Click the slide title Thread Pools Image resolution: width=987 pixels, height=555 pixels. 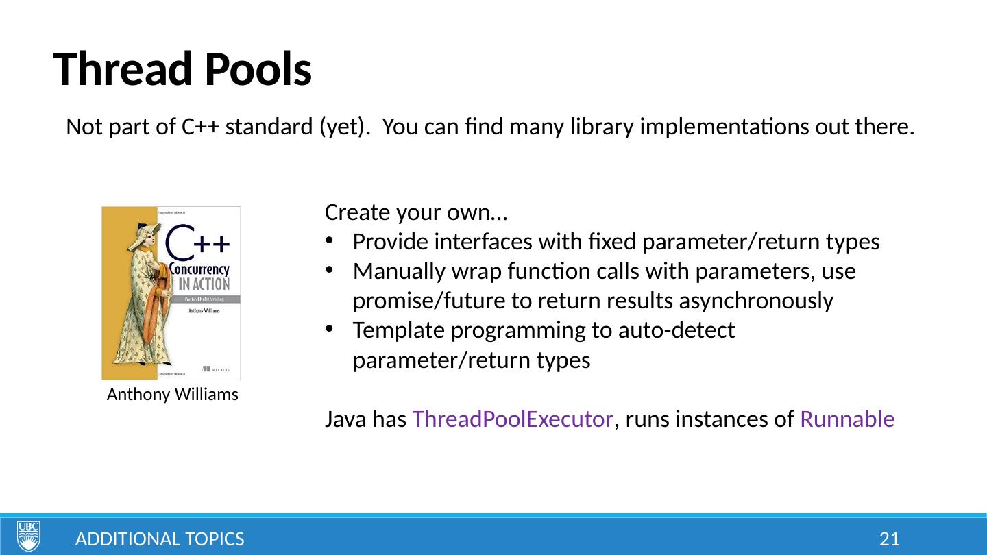(x=182, y=69)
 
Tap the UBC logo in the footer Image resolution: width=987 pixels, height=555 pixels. (x=29, y=536)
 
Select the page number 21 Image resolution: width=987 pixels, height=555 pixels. (x=889, y=539)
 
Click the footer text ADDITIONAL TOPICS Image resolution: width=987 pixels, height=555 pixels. (x=160, y=539)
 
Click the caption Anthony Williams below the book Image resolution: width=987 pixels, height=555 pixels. (x=173, y=395)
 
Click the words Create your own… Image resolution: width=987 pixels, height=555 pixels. (x=416, y=212)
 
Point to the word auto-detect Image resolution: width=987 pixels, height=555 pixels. (x=677, y=331)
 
